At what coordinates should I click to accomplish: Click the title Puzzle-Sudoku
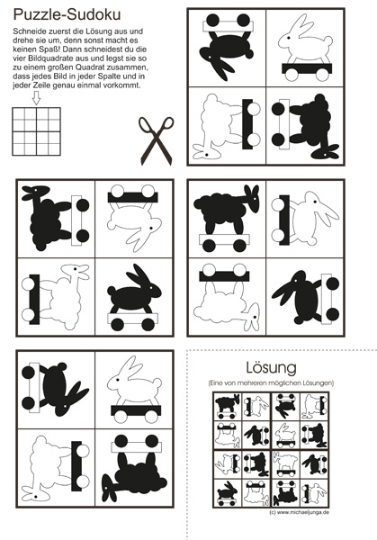(67, 15)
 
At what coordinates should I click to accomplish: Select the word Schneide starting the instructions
(27, 31)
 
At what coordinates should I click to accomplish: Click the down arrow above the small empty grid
(36, 98)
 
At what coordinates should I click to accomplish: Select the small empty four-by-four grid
(37, 131)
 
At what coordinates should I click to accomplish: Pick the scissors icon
(157, 141)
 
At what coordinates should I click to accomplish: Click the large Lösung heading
(272, 367)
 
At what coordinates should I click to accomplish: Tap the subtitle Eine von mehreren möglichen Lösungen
(271, 383)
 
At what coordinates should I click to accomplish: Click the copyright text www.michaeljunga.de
(300, 512)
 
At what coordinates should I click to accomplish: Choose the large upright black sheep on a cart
(227, 218)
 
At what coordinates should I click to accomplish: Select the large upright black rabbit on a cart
(135, 298)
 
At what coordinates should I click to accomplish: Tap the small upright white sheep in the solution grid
(285, 463)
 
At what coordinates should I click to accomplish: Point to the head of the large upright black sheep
(252, 197)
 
